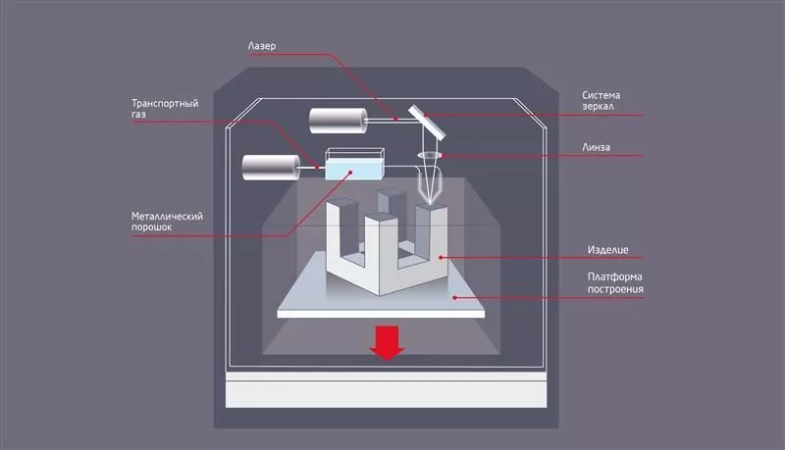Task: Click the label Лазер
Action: click(262, 45)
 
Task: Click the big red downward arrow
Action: click(388, 342)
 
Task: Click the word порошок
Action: click(154, 227)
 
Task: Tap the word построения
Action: click(615, 289)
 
